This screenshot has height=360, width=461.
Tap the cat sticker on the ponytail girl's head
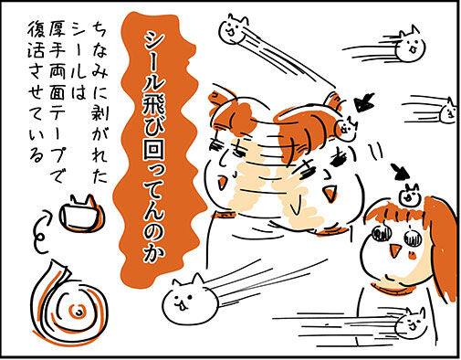click(x=409, y=196)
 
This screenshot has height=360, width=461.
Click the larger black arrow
click(x=364, y=102)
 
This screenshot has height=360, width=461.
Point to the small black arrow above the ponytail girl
click(x=400, y=172)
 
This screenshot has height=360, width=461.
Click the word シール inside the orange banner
click(x=154, y=62)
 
